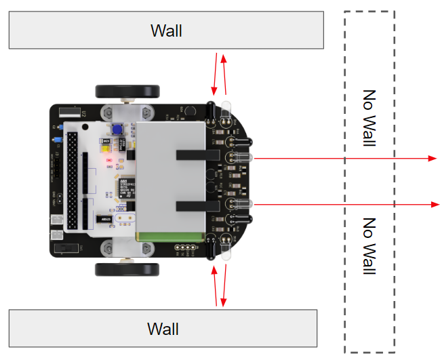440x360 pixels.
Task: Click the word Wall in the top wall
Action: pyautogui.click(x=166, y=31)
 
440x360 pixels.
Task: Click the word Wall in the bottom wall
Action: pyautogui.click(x=163, y=329)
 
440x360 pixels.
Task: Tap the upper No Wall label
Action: pyautogui.click(x=369, y=119)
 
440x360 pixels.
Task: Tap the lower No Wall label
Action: pyautogui.click(x=369, y=245)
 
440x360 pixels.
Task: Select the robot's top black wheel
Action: pyautogui.click(x=127, y=91)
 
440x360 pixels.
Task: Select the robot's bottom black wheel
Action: pyautogui.click(x=127, y=269)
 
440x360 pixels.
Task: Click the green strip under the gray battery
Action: pyautogui.click(x=171, y=237)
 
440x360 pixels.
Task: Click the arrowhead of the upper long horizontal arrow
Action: pyautogui.click(x=433, y=158)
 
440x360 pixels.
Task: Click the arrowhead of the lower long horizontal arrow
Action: pyautogui.click(x=433, y=204)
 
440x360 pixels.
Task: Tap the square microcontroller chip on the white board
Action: pyautogui.click(x=124, y=188)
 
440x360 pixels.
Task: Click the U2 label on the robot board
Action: pyautogui.click(x=83, y=113)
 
